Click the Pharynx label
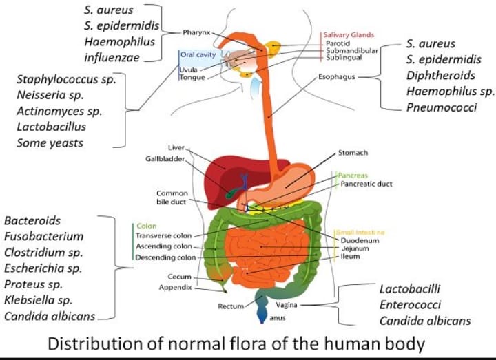tap(196, 32)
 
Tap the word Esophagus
tap(337, 77)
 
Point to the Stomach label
tap(353, 152)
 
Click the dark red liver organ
tap(220, 172)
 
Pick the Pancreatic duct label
tap(366, 184)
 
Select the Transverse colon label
tap(163, 235)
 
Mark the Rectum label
tap(231, 306)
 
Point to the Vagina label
tap(286, 304)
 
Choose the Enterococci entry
tap(412, 304)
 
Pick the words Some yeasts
tap(50, 142)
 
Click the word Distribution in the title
tap(93, 342)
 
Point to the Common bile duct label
tap(172, 198)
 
